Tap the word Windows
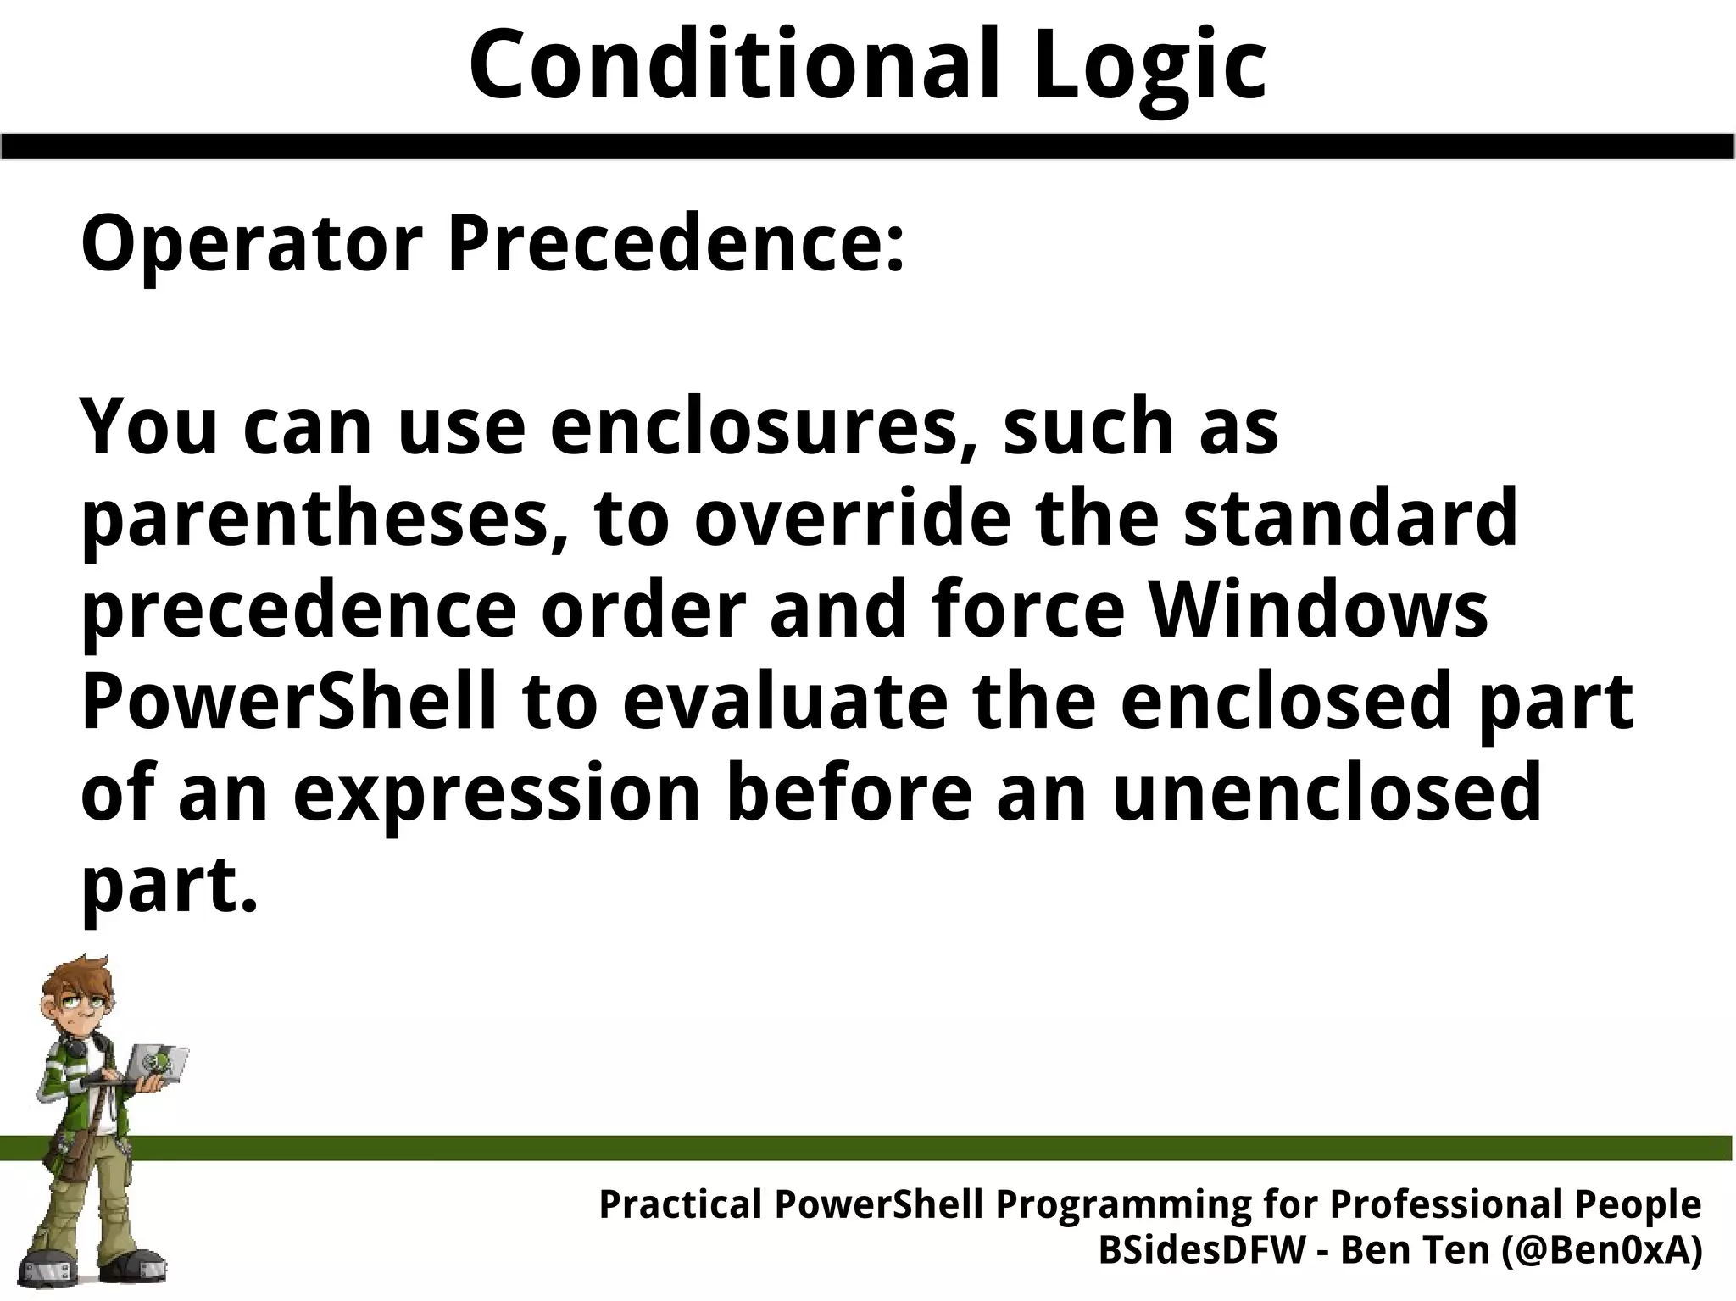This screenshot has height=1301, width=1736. [1317, 610]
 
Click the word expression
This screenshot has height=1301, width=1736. [497, 793]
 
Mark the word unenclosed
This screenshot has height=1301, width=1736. [1327, 793]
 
